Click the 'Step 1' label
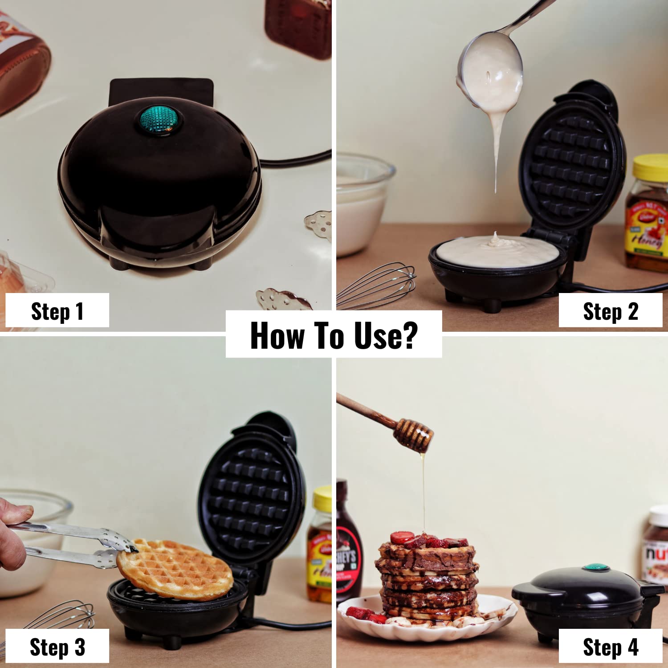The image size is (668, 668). click(57, 311)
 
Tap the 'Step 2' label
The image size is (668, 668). click(611, 311)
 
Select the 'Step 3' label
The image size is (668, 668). click(57, 647)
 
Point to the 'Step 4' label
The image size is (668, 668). click(611, 647)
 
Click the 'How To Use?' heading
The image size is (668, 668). click(334, 335)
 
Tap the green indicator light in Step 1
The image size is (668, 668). click(159, 119)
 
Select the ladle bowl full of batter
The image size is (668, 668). click(490, 71)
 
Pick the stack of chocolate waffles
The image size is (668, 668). click(428, 579)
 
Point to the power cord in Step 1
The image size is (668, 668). click(296, 158)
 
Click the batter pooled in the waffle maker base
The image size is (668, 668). click(497, 252)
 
